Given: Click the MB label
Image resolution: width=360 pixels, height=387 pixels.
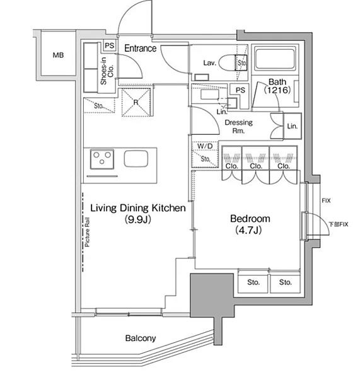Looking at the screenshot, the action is pyautogui.click(x=58, y=55).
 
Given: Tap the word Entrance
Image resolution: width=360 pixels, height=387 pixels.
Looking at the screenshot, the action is pyautogui.click(x=140, y=48).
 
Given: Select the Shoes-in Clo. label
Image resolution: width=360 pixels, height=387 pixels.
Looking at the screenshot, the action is pyautogui.click(x=107, y=71).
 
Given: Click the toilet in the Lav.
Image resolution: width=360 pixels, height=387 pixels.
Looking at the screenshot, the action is pyautogui.click(x=233, y=63).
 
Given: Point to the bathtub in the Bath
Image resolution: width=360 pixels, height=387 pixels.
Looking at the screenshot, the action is pyautogui.click(x=275, y=59).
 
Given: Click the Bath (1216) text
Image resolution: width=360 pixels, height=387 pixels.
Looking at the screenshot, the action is pyautogui.click(x=277, y=86).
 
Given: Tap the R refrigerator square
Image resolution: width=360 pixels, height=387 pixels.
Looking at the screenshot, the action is pyautogui.click(x=136, y=102).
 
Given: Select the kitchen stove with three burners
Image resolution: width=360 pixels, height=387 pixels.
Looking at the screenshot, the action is pyautogui.click(x=102, y=159).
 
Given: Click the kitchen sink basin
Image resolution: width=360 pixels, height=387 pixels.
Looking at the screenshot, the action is pyautogui.click(x=136, y=158).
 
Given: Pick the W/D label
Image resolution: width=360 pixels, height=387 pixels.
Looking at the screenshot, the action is pyautogui.click(x=205, y=146).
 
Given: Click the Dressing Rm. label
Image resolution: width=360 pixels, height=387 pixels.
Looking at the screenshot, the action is pyautogui.click(x=238, y=126).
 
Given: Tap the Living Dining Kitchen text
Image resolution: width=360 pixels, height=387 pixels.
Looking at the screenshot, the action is pyautogui.click(x=138, y=208).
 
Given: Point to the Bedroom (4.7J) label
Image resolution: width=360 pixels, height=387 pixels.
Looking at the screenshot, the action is pyautogui.click(x=250, y=224).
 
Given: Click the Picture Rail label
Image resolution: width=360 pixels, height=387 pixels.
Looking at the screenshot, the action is pyautogui.click(x=87, y=232).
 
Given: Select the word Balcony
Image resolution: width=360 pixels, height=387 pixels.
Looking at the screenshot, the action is pyautogui.click(x=141, y=338).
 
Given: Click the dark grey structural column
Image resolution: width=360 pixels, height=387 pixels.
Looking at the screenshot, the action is pyautogui.click(x=212, y=295).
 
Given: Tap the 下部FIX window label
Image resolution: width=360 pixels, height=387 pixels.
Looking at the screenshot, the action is pyautogui.click(x=338, y=224).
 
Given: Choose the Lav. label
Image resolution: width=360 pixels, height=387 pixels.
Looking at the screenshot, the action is pyautogui.click(x=209, y=63).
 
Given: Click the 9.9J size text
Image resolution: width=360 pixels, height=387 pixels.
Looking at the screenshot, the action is pyautogui.click(x=138, y=219).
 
